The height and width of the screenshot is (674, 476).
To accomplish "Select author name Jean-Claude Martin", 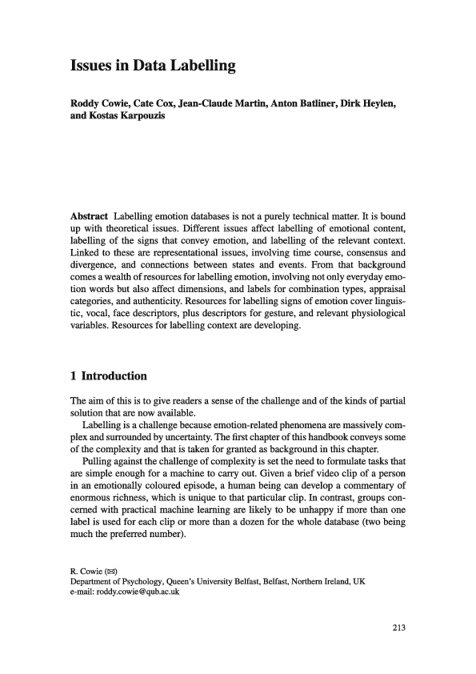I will pos(213,104).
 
